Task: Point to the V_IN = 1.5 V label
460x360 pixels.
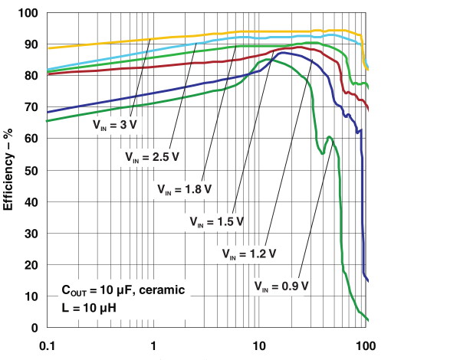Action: pos(218,221)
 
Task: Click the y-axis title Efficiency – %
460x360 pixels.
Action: pos(10,170)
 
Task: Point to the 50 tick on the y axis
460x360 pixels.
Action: pos(31,170)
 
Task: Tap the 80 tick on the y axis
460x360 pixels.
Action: pos(31,76)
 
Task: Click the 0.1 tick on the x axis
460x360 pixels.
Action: pos(48,345)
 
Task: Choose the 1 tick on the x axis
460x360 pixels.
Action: pos(154,345)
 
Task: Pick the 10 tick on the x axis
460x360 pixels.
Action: pos(260,345)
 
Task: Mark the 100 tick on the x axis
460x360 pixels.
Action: pos(366,345)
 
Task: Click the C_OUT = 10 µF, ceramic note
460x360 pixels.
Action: pos(123,291)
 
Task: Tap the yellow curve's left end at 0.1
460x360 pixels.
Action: pos(48,48)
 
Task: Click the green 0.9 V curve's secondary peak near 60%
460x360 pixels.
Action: pos(329,137)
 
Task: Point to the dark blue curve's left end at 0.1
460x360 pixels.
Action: pos(48,112)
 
